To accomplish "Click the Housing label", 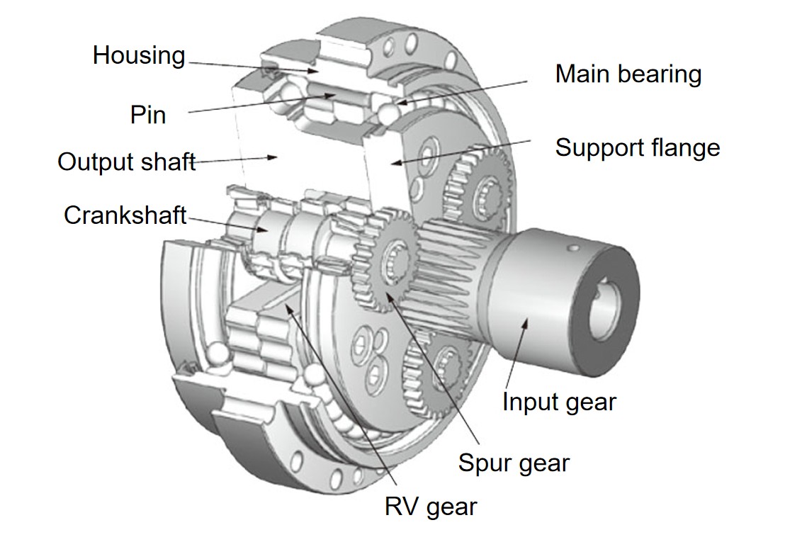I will pos(139,55).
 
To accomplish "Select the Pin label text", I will pos(148,114).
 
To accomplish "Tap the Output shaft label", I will pos(126,162).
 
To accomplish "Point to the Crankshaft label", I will pos(125,215).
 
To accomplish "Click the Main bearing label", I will pos(628,74).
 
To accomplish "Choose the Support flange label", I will pos(637,147).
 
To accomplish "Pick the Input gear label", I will pos(559,402).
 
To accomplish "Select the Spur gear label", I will pos(514,463).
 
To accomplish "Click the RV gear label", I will pos(431,507).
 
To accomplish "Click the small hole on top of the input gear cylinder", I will pos(575,247).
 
